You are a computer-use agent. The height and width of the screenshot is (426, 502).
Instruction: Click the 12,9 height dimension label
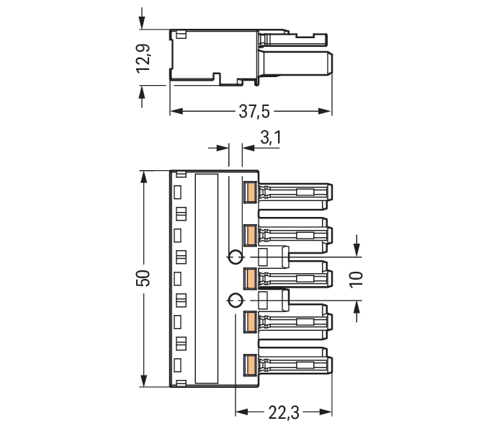[143, 58]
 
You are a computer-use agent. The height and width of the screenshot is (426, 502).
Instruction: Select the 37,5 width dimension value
[254, 112]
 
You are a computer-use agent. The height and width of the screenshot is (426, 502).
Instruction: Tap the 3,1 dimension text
[271, 138]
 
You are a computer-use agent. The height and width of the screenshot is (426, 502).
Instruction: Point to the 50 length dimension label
[144, 278]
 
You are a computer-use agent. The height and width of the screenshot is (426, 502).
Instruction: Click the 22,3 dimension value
[284, 412]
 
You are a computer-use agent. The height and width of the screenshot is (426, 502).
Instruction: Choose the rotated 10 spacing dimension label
[356, 280]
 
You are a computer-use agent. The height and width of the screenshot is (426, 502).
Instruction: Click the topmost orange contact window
[250, 192]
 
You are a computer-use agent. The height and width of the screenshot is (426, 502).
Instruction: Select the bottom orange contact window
[250, 365]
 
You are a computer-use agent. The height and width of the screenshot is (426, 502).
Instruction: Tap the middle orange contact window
[250, 279]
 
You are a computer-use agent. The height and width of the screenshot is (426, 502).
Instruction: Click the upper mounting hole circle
[236, 257]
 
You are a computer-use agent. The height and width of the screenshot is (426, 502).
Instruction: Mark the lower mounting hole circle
[236, 301]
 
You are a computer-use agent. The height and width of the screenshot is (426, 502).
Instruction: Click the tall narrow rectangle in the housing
[207, 278]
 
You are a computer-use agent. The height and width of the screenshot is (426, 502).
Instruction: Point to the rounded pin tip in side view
[331, 63]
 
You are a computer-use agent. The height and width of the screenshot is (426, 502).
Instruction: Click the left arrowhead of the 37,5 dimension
[176, 111]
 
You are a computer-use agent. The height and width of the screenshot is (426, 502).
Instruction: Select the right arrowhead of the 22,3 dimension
[326, 412]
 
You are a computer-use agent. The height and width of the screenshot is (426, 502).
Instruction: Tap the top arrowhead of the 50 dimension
[144, 177]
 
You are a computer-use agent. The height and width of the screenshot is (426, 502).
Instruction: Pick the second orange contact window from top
[250, 236]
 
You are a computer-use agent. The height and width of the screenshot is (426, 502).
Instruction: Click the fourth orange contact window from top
[250, 322]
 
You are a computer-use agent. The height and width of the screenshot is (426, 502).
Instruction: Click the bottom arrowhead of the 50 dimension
[144, 380]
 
